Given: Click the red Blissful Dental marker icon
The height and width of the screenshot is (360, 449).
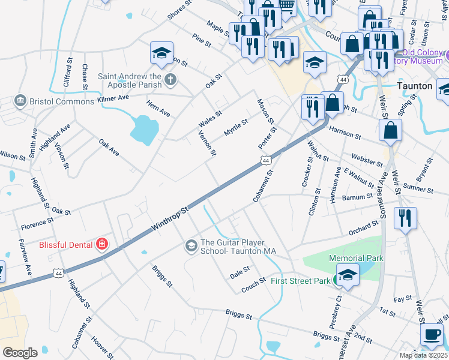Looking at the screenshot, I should coord(103,244).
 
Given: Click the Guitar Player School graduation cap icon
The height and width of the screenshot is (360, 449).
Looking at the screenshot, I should coord(191,245).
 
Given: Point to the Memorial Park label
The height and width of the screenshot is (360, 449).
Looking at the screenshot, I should coord(356,258).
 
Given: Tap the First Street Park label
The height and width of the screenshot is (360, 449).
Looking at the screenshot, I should coord(300,281).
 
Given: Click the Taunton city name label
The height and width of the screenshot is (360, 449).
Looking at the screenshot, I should coord(415,86).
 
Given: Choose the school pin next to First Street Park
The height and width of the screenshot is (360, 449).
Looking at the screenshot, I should coord(347,275).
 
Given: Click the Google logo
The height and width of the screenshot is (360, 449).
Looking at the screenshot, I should coord(20,352).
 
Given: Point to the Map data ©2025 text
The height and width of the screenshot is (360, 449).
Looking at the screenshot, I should coord(423,355).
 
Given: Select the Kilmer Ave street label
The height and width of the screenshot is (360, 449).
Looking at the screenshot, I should coord(113,97).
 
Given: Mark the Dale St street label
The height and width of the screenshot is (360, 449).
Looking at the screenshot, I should coord(240,272).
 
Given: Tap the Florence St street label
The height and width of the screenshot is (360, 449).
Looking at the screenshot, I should coord(37,224).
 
